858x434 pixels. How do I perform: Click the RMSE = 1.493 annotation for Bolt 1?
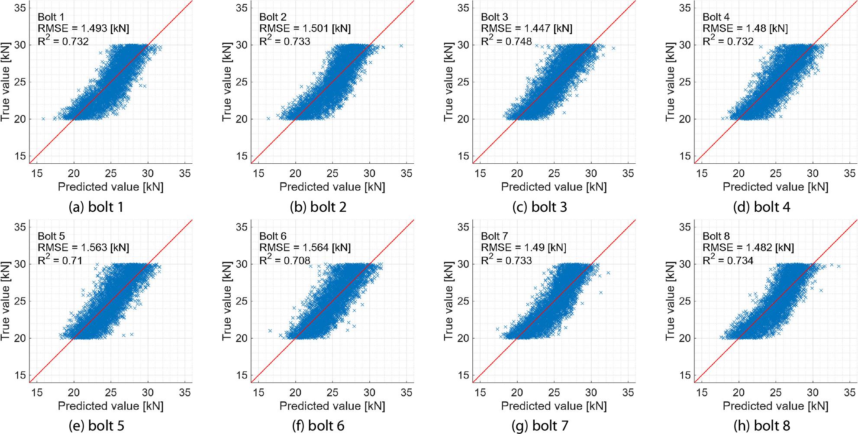(84, 29)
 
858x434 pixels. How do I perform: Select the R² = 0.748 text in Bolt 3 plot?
(506, 41)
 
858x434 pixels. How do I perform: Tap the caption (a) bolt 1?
(96, 207)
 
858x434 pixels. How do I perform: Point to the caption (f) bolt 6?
(318, 426)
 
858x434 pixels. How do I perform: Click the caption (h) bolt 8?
(762, 426)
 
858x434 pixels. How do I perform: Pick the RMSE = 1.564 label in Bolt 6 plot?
(305, 248)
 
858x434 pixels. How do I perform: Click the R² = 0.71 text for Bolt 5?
(60, 260)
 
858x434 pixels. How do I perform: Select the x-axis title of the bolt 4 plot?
(776, 187)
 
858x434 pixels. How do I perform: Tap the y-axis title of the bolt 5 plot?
(5, 301)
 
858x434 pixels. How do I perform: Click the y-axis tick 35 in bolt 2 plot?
(242, 8)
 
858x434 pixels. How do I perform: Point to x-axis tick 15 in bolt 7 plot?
(480, 392)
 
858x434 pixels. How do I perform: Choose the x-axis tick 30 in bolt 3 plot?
(591, 173)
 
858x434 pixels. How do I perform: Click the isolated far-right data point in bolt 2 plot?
(401, 46)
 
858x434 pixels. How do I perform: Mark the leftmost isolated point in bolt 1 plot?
(43, 119)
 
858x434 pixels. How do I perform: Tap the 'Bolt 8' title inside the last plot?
(716, 236)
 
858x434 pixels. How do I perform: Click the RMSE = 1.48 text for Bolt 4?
(745, 29)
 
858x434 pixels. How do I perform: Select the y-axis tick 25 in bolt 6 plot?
(242, 301)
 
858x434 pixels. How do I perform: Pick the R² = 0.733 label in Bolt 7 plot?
(506, 260)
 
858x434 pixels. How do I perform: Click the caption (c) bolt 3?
(539, 207)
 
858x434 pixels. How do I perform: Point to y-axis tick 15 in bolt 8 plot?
(685, 375)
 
